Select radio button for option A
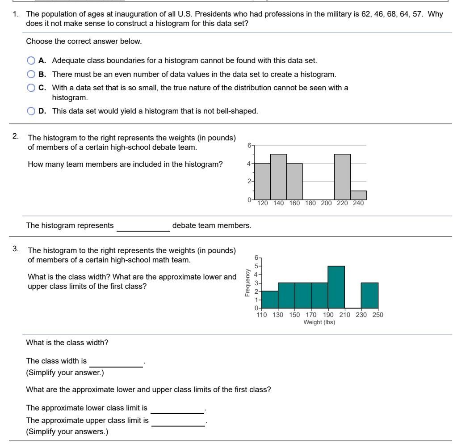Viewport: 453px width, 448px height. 30,60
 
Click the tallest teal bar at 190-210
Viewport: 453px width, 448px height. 336,287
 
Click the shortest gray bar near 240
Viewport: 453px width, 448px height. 358,195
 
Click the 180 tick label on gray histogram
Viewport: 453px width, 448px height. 310,203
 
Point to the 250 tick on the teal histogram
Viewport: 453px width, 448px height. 378,315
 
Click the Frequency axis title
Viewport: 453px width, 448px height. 247,283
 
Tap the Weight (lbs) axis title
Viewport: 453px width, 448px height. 319,322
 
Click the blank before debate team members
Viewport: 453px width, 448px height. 143,226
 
